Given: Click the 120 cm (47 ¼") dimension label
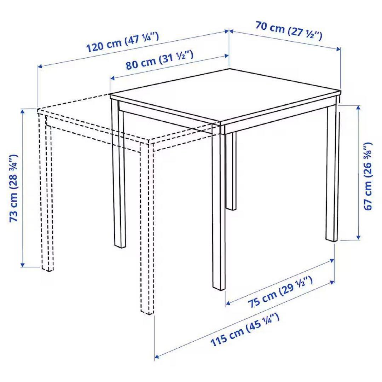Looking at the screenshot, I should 123,43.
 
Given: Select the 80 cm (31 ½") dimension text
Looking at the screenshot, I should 160,60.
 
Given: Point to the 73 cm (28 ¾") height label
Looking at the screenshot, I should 14,188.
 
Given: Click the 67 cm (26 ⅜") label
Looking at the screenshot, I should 368,176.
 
